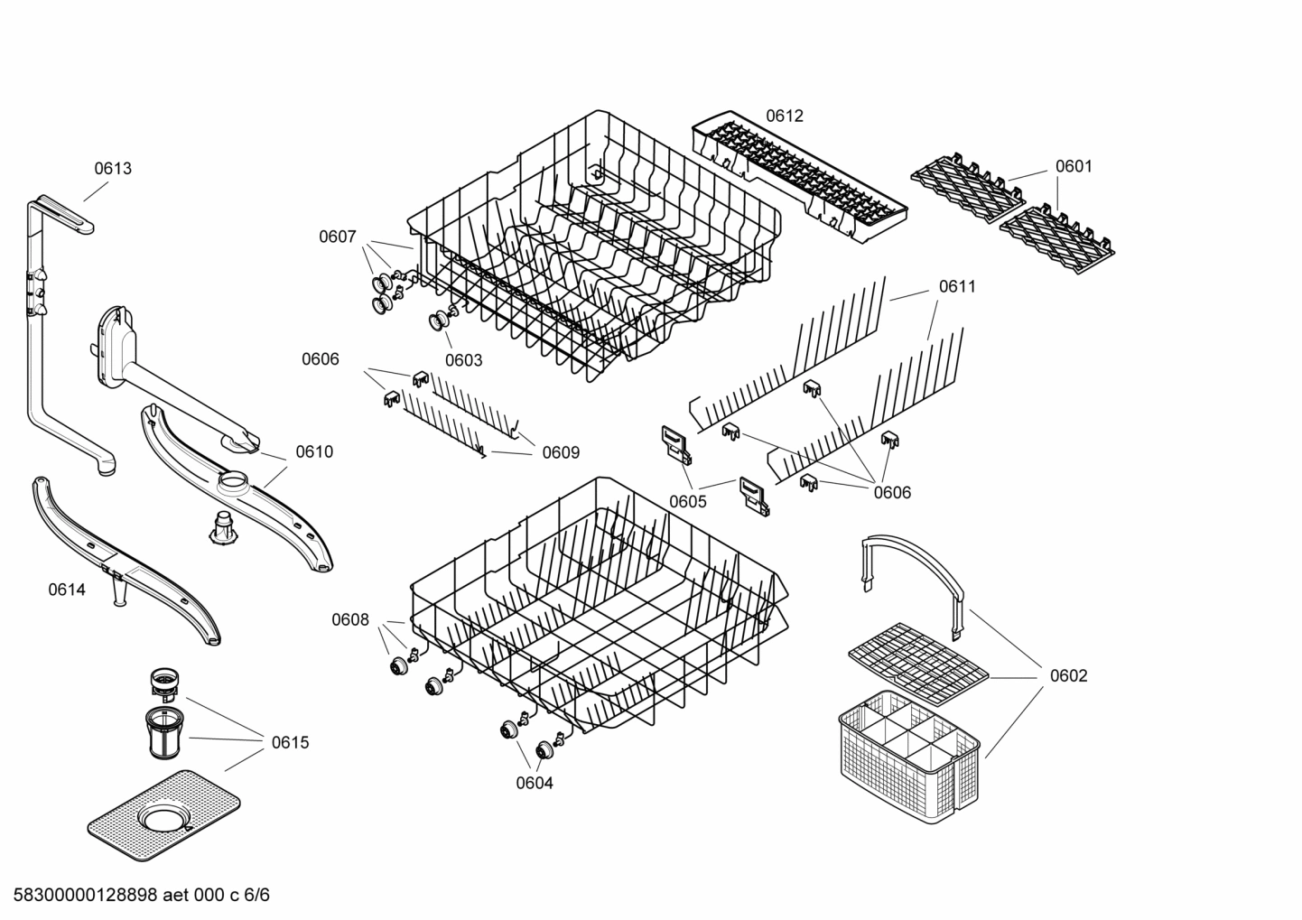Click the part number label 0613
(x=113, y=168)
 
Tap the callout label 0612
(x=784, y=116)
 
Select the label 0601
(x=1074, y=166)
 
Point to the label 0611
(x=957, y=286)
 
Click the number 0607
(x=337, y=237)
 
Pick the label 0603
(x=463, y=360)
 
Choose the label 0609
(x=561, y=452)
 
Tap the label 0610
(x=314, y=451)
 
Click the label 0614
(x=67, y=590)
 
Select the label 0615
(x=290, y=742)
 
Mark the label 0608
(x=349, y=619)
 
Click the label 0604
(x=535, y=783)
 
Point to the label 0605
(x=688, y=501)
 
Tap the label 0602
(x=1068, y=675)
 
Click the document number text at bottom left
(x=135, y=895)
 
